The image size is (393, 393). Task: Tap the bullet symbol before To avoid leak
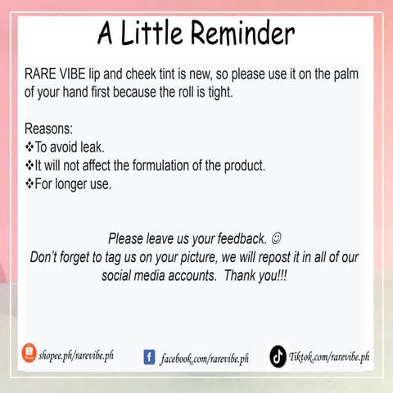(x=29, y=147)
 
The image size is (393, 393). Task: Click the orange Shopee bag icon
(x=29, y=353)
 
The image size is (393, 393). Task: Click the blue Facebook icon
(x=150, y=356)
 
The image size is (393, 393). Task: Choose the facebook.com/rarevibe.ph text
(x=205, y=358)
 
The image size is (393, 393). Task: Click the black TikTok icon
(x=278, y=356)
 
